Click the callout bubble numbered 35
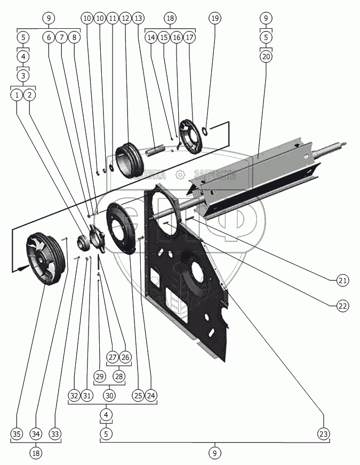(x=17, y=434)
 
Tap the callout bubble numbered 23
(x=323, y=434)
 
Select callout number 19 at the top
(x=215, y=18)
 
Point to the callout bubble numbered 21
(x=342, y=280)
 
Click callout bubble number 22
(x=342, y=306)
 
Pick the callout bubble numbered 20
(x=266, y=57)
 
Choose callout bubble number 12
(x=125, y=18)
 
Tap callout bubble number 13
(x=138, y=18)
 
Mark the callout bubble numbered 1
(x=17, y=95)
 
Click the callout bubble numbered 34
(x=35, y=434)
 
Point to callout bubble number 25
(x=138, y=396)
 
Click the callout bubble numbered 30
(x=109, y=396)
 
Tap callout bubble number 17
(x=189, y=38)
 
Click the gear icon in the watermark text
(x=181, y=175)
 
